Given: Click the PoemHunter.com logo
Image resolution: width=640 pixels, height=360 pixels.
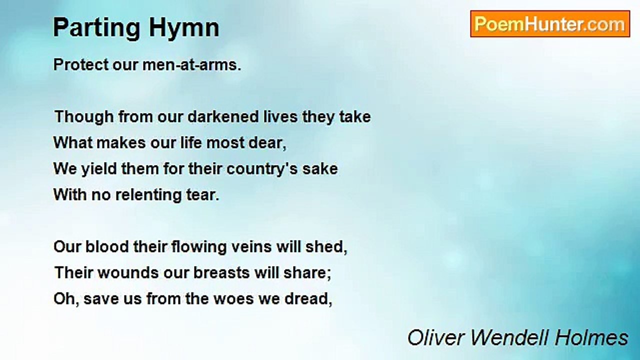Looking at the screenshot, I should [549, 24].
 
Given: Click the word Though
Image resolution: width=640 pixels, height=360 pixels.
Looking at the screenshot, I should [84, 116].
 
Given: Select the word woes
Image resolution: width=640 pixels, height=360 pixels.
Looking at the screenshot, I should [235, 299].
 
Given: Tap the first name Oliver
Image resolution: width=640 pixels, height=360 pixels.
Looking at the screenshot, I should [436, 337].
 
